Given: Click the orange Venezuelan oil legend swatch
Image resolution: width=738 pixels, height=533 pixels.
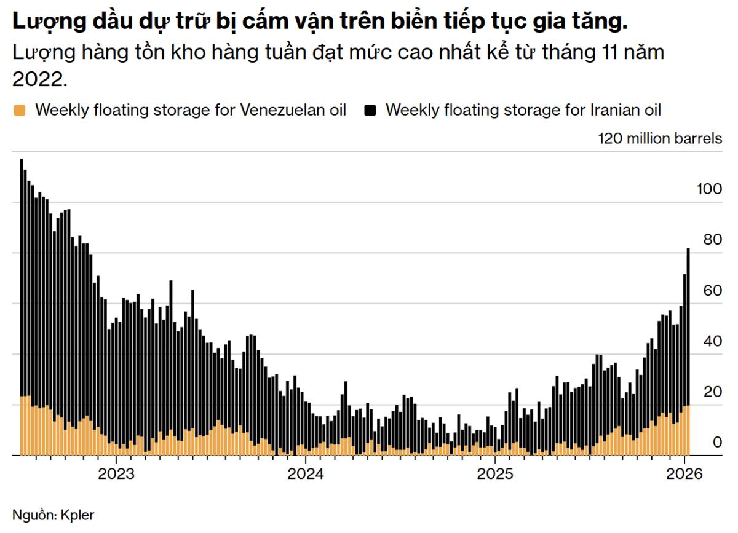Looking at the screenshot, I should pos(19,111).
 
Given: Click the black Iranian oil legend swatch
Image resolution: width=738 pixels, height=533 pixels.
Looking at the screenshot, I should pos(370,111).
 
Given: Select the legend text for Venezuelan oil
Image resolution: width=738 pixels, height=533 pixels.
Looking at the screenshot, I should pos(191,111).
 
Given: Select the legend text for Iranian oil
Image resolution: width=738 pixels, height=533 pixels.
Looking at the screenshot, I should pos(523,111).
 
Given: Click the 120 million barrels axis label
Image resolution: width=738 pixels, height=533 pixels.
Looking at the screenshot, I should pos(660,138).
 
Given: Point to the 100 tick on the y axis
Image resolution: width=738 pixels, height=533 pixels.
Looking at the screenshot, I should pos(709,189).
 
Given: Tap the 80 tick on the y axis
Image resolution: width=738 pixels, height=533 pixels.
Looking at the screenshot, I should pos(713,240).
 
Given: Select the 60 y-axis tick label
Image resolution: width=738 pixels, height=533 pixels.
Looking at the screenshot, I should pos(713,291).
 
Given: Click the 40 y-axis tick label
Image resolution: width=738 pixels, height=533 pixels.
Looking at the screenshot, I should pos(713,341).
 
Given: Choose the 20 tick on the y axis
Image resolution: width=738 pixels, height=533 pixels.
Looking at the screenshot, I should pos(713,392).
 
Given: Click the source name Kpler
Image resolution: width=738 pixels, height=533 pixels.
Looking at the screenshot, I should pos(77,515).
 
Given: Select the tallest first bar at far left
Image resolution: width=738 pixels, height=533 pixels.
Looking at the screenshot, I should pos(22,307).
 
